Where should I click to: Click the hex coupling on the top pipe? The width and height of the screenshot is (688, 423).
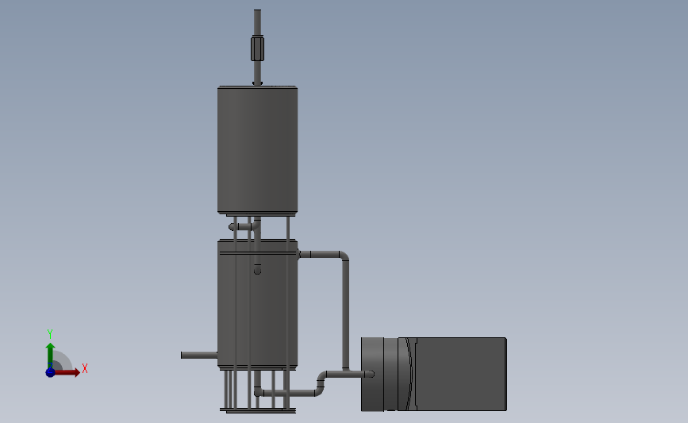(257, 48)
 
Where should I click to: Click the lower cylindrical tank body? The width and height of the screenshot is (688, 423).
(257, 310)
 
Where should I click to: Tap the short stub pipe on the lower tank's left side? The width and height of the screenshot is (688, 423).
(198, 355)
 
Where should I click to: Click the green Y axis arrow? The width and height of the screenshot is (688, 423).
(50, 352)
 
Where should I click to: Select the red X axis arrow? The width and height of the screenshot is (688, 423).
(68, 371)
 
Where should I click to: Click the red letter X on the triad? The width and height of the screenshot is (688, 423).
(84, 368)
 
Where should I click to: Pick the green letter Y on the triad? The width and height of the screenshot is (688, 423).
(49, 334)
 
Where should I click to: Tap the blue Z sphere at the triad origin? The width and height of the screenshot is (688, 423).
(50, 371)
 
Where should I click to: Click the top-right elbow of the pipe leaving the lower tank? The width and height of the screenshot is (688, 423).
(343, 257)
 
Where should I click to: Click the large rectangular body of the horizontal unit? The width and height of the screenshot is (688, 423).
(460, 374)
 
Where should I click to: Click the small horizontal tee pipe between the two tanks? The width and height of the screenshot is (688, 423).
(242, 227)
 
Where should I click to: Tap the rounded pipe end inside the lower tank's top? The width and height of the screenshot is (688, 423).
(257, 271)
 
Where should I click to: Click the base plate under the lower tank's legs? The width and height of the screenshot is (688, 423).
(257, 410)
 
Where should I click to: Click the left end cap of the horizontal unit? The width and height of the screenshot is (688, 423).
(372, 374)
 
